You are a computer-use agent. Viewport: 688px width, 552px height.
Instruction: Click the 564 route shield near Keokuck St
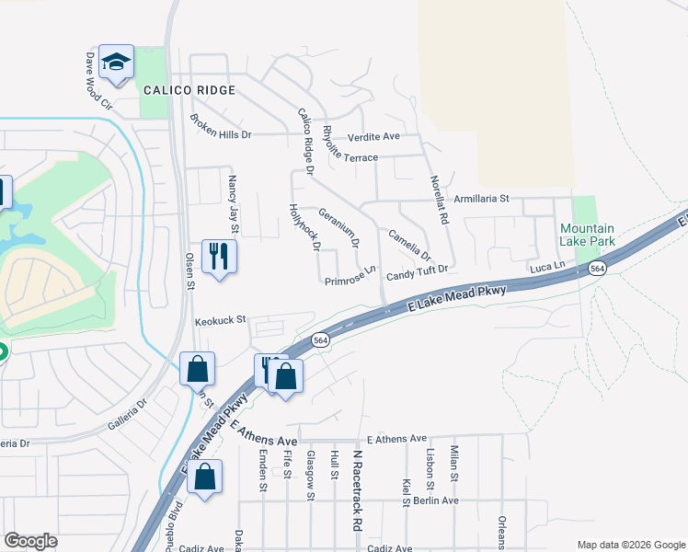pyautogui.click(x=319, y=339)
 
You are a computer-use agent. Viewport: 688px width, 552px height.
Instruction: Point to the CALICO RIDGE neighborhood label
pyautogui.click(x=189, y=90)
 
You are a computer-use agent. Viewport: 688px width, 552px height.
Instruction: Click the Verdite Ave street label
pyautogui.click(x=373, y=136)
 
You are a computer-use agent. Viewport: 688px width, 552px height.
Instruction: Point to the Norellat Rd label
pyautogui.click(x=439, y=201)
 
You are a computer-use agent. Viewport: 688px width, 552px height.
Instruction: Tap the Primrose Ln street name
pyautogui.click(x=350, y=276)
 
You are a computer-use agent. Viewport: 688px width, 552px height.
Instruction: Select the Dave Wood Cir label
pyautogui.click(x=98, y=81)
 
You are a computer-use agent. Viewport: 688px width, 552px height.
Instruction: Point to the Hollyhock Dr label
pyautogui.click(x=304, y=227)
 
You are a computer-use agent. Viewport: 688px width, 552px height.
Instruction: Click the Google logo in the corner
pyautogui.click(x=30, y=541)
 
